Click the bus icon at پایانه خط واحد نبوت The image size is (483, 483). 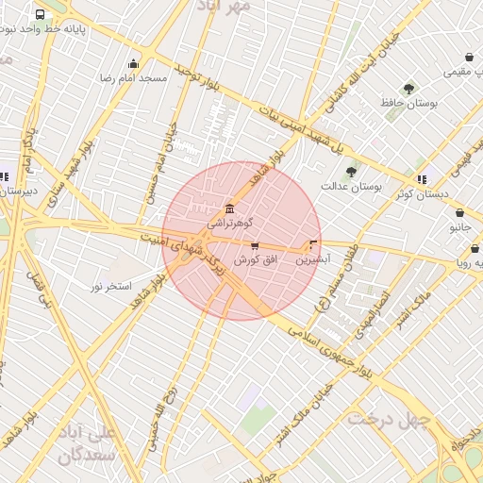40,15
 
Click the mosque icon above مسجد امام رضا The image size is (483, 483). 133,64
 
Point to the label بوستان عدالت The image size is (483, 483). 351,187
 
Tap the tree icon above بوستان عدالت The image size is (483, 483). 352,172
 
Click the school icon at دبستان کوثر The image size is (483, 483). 422,178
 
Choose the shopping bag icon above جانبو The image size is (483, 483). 459,213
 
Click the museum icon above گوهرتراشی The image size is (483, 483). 228,208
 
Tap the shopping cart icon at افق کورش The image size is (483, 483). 255,245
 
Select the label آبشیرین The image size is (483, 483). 312,258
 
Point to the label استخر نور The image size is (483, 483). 111,285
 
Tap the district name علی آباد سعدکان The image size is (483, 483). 86,443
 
